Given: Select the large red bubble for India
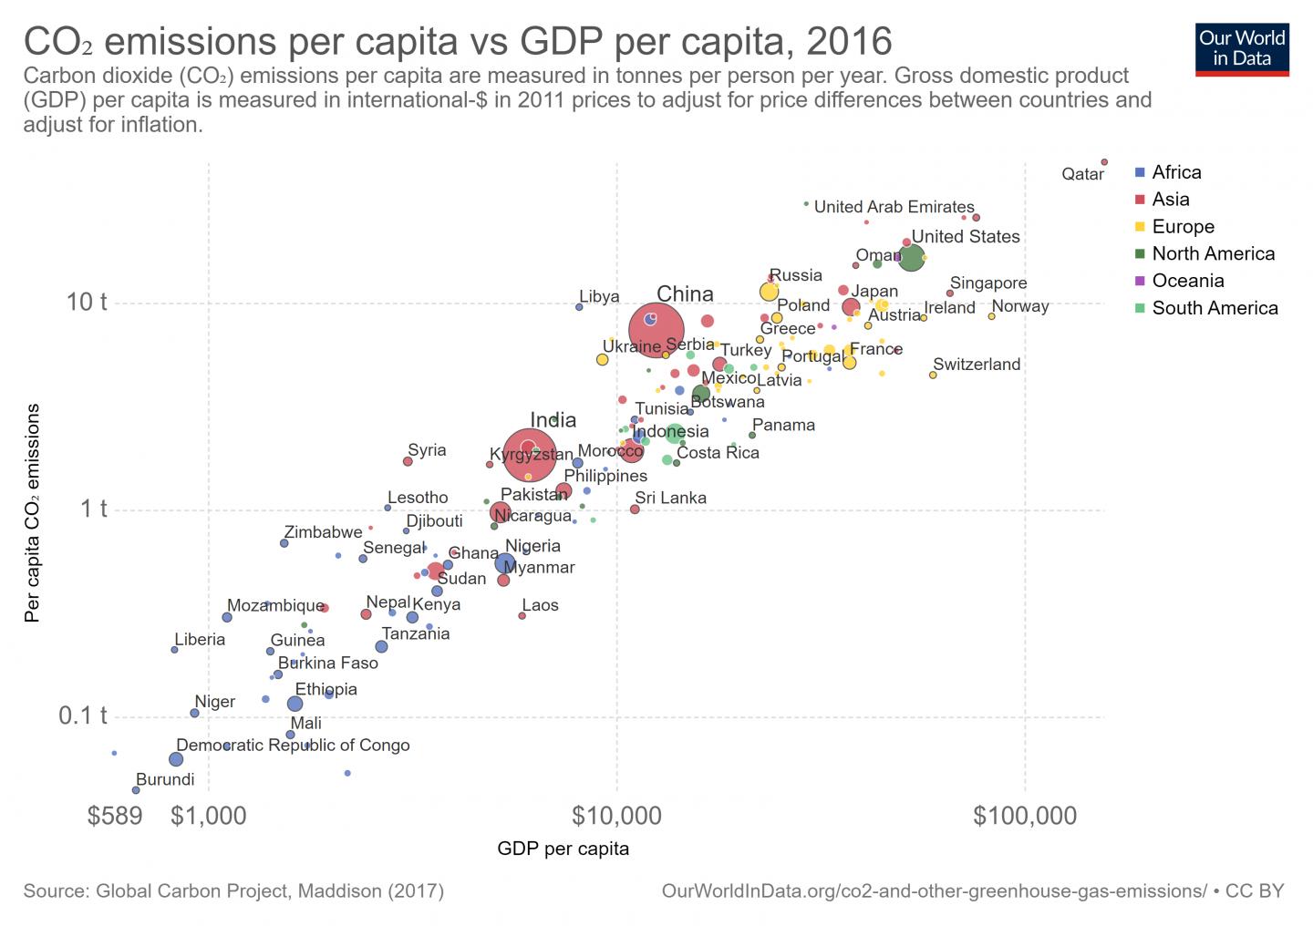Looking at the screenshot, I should click(x=529, y=453).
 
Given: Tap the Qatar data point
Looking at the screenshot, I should click(x=1104, y=162).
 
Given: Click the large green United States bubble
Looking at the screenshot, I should click(x=911, y=258).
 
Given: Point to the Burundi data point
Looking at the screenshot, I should click(x=136, y=790).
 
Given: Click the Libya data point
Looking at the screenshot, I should click(x=579, y=307).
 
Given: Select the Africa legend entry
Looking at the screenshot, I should click(x=1175, y=172).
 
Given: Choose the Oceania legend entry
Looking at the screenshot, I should click(x=1186, y=281).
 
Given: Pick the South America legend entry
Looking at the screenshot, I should click(x=1214, y=308).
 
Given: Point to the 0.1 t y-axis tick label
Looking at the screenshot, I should click(x=83, y=715).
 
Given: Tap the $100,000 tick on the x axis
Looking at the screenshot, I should click(x=1025, y=816).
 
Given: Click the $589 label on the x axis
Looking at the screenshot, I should click(x=115, y=816).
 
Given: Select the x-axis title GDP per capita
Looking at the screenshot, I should click(x=563, y=849).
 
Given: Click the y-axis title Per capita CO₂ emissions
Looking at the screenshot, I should click(x=33, y=513).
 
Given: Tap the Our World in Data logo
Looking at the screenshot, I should click(x=1241, y=48).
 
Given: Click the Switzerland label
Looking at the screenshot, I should click(x=977, y=365).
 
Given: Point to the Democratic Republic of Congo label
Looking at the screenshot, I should click(x=293, y=746).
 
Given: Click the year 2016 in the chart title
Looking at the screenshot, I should click(x=849, y=42).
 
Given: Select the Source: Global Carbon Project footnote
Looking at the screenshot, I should click(x=233, y=891).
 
